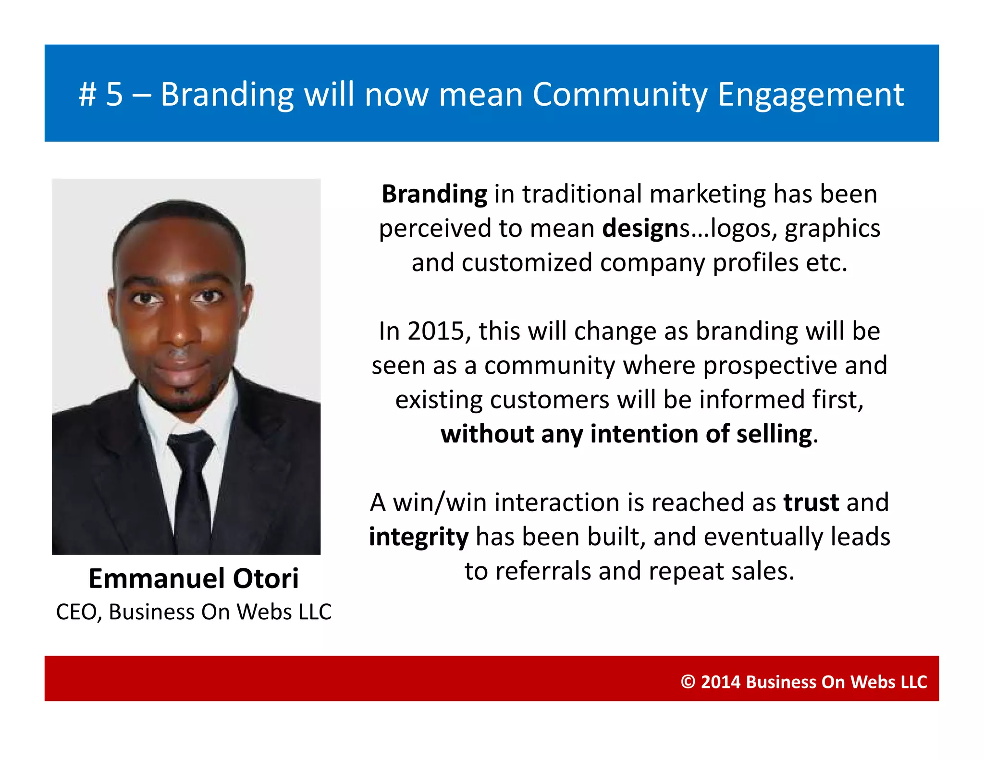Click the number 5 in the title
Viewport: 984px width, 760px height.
point(114,94)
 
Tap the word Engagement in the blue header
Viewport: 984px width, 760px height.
point(811,95)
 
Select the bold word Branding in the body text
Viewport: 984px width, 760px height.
point(434,195)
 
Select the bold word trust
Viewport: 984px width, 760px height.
point(811,503)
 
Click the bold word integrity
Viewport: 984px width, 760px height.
point(418,537)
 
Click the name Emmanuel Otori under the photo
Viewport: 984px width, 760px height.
point(193,578)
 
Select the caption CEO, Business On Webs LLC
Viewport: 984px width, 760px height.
point(193,612)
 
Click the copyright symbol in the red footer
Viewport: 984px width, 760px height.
point(688,682)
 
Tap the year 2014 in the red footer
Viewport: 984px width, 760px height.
point(720,682)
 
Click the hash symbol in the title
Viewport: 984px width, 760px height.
point(87,94)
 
